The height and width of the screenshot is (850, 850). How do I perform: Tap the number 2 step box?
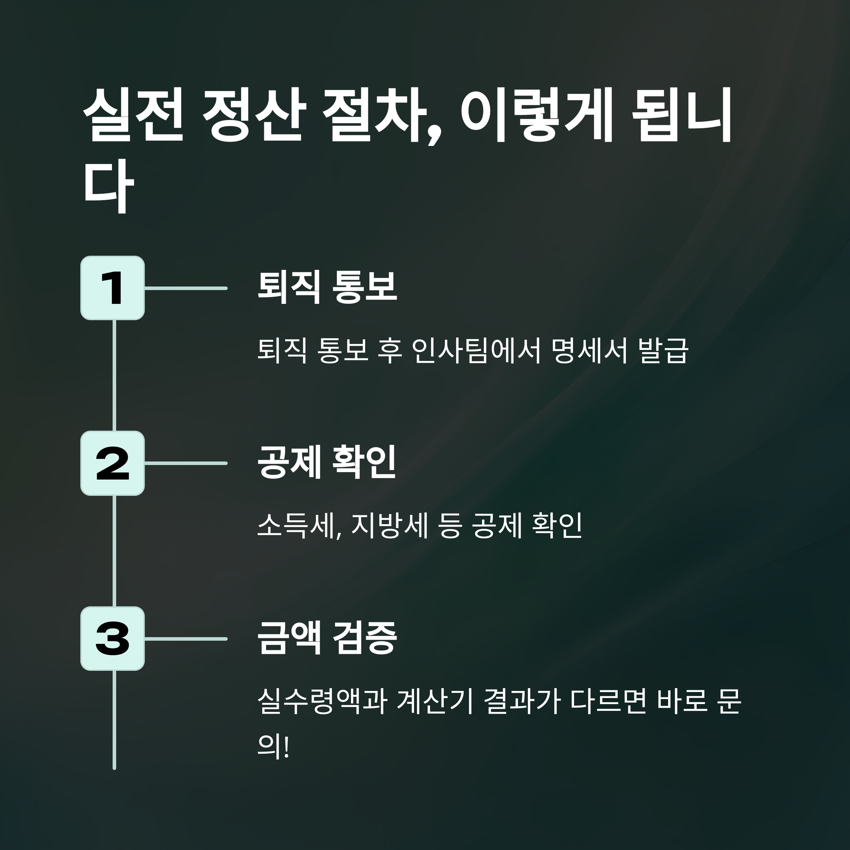pos(113,463)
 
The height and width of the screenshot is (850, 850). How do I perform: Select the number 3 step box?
pos(113,638)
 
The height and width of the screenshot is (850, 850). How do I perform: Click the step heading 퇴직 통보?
pos(327,287)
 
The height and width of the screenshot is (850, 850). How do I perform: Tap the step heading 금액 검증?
pos(327,637)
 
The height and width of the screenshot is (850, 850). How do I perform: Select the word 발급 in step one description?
pos(663,351)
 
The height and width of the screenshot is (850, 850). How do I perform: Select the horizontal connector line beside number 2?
pos(186,463)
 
